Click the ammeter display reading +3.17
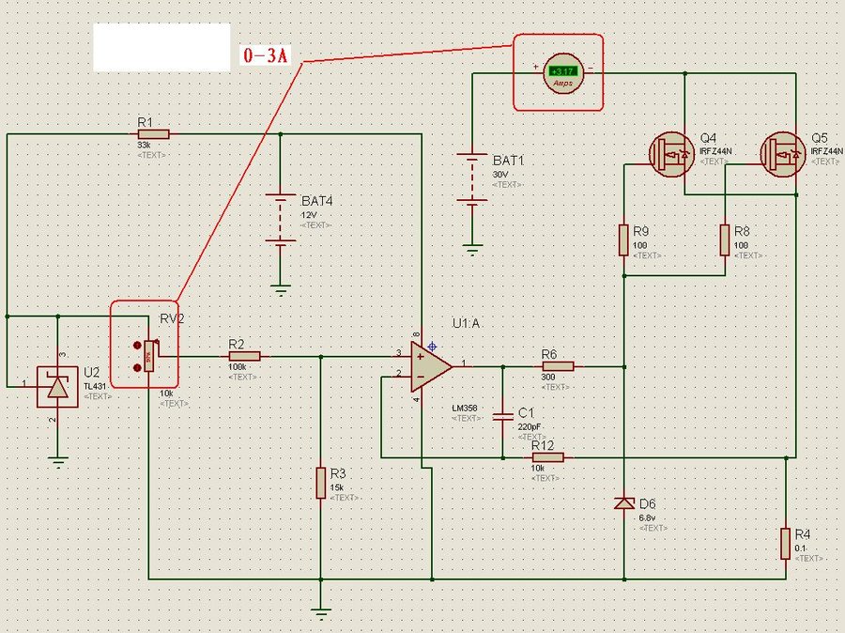[x=563, y=71]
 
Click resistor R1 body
[x=153, y=134]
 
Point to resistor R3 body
[x=321, y=482]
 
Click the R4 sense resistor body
[x=785, y=543]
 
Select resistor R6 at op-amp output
[x=557, y=365]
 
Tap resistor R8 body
[x=725, y=239]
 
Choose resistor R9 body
[x=622, y=239]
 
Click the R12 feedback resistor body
[x=547, y=457]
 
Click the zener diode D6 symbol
[x=623, y=504]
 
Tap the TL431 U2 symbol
[x=57, y=386]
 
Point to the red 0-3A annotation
[x=265, y=55]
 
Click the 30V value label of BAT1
[x=499, y=175]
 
